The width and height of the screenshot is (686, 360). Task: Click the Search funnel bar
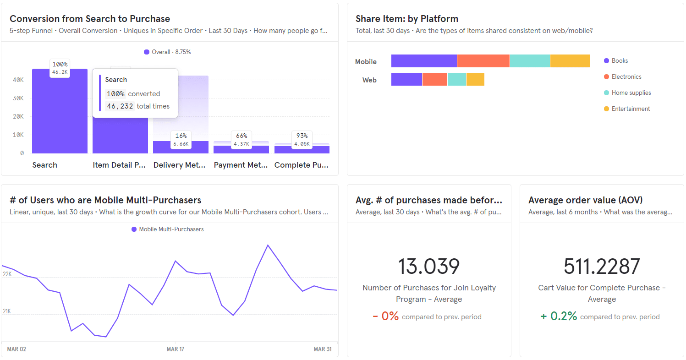[x=60, y=112]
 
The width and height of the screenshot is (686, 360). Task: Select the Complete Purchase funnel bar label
[x=302, y=165]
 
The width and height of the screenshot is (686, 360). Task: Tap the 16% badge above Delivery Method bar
[x=181, y=136]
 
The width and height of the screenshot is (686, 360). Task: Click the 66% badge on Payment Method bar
[x=241, y=136]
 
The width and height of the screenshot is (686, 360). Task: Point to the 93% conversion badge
[x=302, y=136]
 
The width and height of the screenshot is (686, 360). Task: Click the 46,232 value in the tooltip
[x=120, y=106]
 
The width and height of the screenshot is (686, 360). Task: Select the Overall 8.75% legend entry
[x=167, y=52]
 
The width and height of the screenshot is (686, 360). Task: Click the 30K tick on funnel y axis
[x=18, y=98]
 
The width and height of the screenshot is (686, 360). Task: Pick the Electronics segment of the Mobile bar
[x=483, y=61]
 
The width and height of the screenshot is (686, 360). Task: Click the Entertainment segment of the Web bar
[x=475, y=79]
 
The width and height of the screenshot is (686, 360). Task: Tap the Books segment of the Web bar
[x=406, y=79]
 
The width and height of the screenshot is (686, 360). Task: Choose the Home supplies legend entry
[x=631, y=93]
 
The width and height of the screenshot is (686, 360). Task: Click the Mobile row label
[x=366, y=62]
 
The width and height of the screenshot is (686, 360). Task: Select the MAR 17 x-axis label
[x=175, y=349]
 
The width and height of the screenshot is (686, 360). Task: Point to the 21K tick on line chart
[x=7, y=311]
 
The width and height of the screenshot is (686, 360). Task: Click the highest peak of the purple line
[x=268, y=245]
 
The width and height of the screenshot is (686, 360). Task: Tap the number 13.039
[x=428, y=267]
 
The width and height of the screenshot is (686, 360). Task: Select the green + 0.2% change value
[x=559, y=316]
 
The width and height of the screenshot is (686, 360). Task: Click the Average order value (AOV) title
[x=585, y=200]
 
